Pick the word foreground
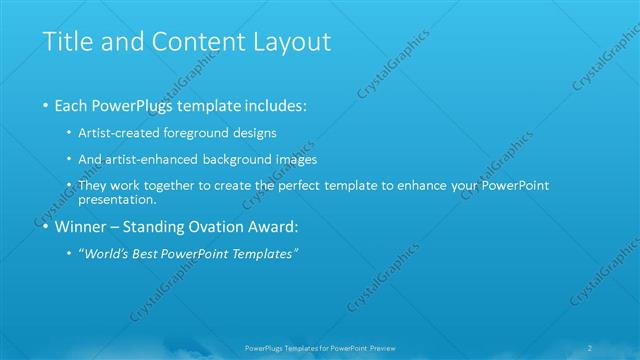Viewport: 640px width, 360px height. click(x=209, y=132)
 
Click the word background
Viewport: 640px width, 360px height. click(x=250, y=159)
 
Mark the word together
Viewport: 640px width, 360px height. click(x=191, y=186)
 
